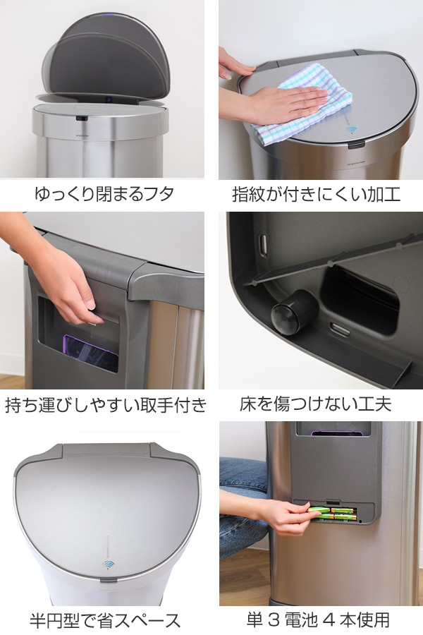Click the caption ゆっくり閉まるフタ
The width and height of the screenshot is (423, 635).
[103, 193]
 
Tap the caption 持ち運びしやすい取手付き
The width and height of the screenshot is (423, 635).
[106, 404]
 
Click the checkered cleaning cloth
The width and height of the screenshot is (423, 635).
[314, 95]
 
